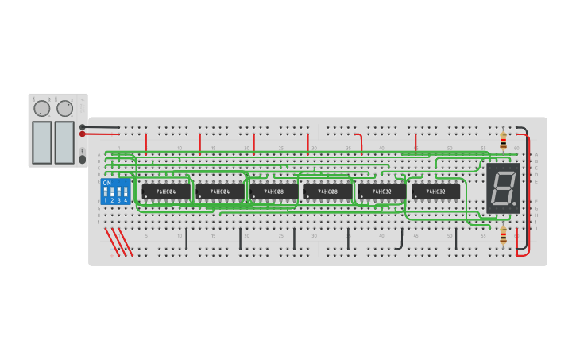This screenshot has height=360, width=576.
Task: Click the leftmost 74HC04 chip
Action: tap(166, 192)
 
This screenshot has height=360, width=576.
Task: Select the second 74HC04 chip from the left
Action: tap(220, 192)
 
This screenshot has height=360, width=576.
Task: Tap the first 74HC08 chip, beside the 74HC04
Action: tap(274, 192)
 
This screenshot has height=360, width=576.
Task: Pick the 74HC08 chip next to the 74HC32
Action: tap(327, 192)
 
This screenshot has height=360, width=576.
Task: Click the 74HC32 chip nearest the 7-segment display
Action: tap(435, 192)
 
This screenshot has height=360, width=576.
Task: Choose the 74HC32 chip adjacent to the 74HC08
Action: tap(381, 192)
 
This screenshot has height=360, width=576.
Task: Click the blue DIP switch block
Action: tap(115, 191)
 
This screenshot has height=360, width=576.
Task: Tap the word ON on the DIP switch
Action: tap(106, 183)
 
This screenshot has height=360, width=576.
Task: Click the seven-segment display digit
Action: tap(502, 188)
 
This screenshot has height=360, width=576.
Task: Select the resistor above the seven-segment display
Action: tap(503, 141)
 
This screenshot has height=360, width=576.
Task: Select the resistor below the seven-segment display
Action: tap(503, 235)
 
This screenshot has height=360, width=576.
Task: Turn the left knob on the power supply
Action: tap(41, 108)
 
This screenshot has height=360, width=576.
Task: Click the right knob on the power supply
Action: tap(64, 108)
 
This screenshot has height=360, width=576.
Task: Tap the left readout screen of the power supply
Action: tap(42, 142)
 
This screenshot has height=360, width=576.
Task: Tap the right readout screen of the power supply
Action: tap(64, 142)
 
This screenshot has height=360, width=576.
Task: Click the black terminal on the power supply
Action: tap(82, 126)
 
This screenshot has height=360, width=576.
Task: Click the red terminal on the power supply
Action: tap(82, 134)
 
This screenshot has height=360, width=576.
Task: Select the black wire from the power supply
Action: tap(102, 126)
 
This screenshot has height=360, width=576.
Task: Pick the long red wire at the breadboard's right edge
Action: tap(528, 199)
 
